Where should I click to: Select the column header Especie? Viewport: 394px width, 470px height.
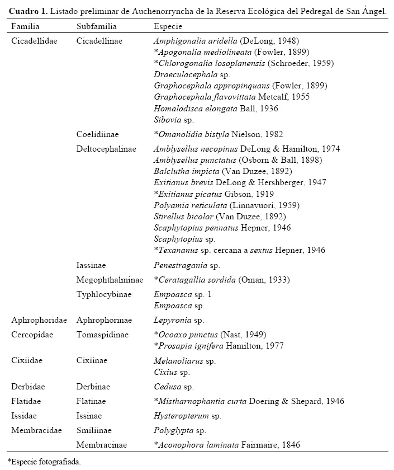click(168, 26)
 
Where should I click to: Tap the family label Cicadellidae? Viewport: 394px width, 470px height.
click(34, 41)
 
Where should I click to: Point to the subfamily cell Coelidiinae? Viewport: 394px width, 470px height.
click(98, 134)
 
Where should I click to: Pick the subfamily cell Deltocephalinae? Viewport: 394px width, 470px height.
click(106, 149)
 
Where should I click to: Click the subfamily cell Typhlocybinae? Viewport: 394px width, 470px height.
click(103, 294)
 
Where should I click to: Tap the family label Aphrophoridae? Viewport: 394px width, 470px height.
click(39, 320)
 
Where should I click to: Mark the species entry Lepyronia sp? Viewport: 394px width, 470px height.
click(179, 320)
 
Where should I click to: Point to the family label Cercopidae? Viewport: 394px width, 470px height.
click(35, 335)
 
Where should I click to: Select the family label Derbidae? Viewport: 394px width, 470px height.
click(29, 387)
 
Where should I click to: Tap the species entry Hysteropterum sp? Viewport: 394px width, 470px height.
click(187, 416)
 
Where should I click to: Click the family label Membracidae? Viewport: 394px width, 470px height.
click(36, 430)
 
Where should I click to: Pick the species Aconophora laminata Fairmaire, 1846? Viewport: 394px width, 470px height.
click(227, 445)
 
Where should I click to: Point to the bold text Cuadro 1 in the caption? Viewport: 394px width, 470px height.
click(26, 11)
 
